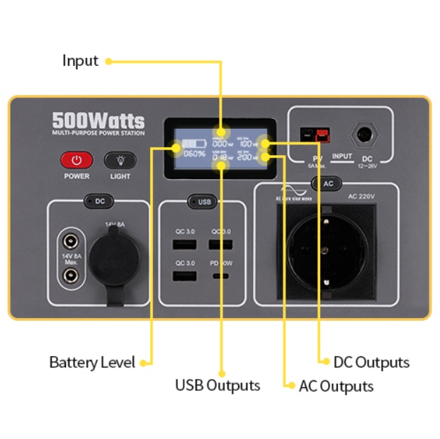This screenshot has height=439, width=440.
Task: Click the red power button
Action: point(77,159)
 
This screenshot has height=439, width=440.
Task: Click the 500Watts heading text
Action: point(98,120)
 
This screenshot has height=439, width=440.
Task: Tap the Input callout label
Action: point(80,61)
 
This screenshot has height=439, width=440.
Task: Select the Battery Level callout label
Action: point(91,363)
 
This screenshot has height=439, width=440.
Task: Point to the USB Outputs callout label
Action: point(218,385)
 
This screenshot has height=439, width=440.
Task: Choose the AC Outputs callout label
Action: point(336,386)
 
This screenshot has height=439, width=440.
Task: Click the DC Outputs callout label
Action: point(371,363)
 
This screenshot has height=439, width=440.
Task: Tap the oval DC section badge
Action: point(100,202)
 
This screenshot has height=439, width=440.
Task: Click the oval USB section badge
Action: point(204,202)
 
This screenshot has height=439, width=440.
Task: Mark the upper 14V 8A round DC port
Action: point(69,240)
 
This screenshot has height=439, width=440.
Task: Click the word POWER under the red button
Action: point(77,176)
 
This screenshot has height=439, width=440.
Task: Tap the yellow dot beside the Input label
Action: point(108,62)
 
